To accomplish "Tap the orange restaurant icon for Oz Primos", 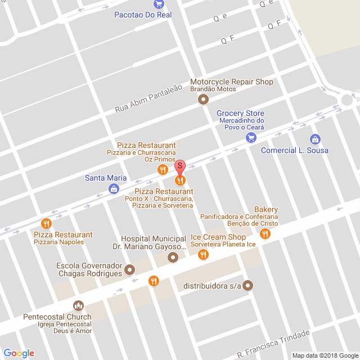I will [x=163, y=169].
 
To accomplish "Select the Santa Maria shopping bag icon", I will [x=114, y=189].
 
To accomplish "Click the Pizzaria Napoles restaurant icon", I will [x=46, y=223].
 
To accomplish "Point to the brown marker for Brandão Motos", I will [x=203, y=100].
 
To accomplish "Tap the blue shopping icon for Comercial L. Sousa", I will [x=315, y=139].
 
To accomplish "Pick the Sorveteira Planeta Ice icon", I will [x=203, y=255].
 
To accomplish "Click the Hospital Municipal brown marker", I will [x=173, y=257].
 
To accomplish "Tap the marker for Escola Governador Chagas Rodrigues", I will [x=130, y=269].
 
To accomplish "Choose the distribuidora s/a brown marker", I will [x=248, y=286].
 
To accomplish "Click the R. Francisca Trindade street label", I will [x=273, y=344].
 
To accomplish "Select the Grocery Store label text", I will [x=240, y=113].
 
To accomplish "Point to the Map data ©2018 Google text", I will [x=324, y=355].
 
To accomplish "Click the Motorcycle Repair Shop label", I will [x=231, y=82].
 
